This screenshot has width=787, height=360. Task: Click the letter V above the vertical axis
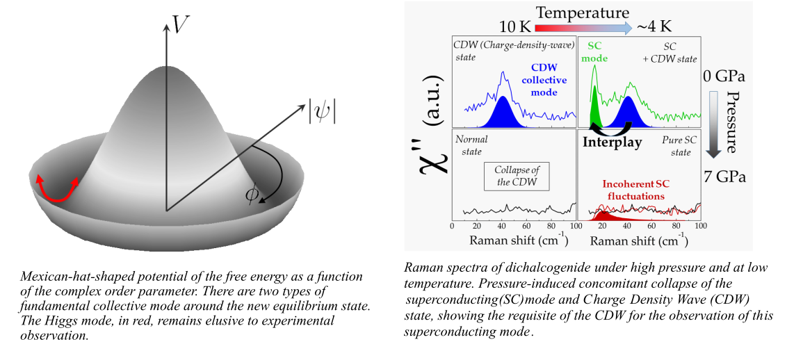(x=181, y=25)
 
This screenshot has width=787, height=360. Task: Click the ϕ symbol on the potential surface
(x=251, y=195)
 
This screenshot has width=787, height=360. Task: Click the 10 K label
(x=514, y=27)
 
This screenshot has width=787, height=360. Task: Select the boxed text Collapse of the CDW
(x=517, y=177)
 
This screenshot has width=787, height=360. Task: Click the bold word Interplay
(x=612, y=142)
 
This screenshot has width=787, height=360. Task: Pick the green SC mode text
(x=594, y=51)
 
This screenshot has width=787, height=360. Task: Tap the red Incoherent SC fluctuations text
(x=635, y=190)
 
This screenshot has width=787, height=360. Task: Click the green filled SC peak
(x=594, y=111)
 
